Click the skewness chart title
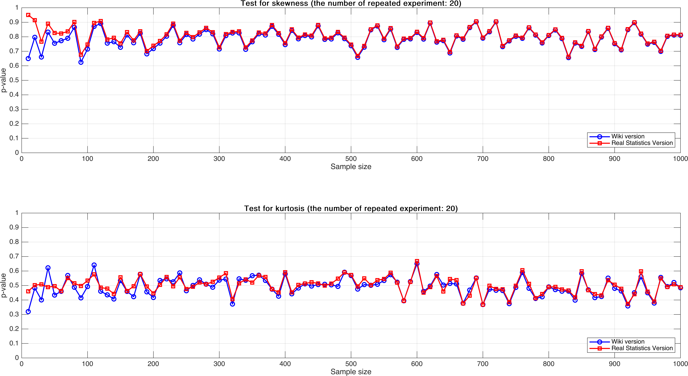point(351,3)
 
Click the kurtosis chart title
point(351,208)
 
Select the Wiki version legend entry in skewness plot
point(628,136)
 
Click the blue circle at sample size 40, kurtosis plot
point(48,268)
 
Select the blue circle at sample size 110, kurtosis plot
point(94,265)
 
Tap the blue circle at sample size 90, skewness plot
point(81,62)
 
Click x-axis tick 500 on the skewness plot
point(351,159)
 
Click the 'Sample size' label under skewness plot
point(351,167)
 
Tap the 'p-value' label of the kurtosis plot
point(3,285)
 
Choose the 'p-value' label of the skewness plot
point(3,80)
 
